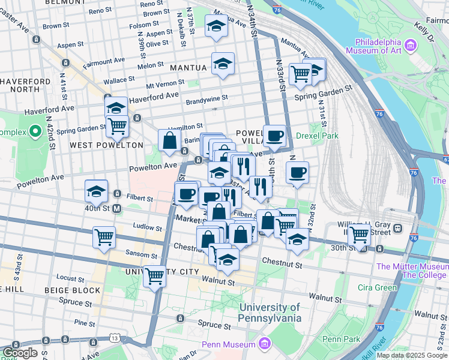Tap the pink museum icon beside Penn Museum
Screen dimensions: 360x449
(x=265, y=344)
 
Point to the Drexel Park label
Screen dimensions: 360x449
(x=321, y=136)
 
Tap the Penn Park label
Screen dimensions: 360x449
(x=340, y=339)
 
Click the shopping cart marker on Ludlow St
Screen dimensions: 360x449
(x=104, y=236)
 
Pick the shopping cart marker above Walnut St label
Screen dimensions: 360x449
(x=155, y=276)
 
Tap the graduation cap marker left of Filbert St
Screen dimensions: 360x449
(x=96, y=191)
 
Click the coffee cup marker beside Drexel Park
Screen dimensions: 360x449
(x=274, y=135)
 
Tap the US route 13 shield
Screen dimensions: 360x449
(x=115, y=339)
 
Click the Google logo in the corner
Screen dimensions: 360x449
(x=20, y=353)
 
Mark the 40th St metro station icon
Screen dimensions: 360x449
(x=116, y=209)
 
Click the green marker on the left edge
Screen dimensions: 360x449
(x=35, y=131)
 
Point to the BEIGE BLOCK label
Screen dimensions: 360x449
(x=74, y=290)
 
